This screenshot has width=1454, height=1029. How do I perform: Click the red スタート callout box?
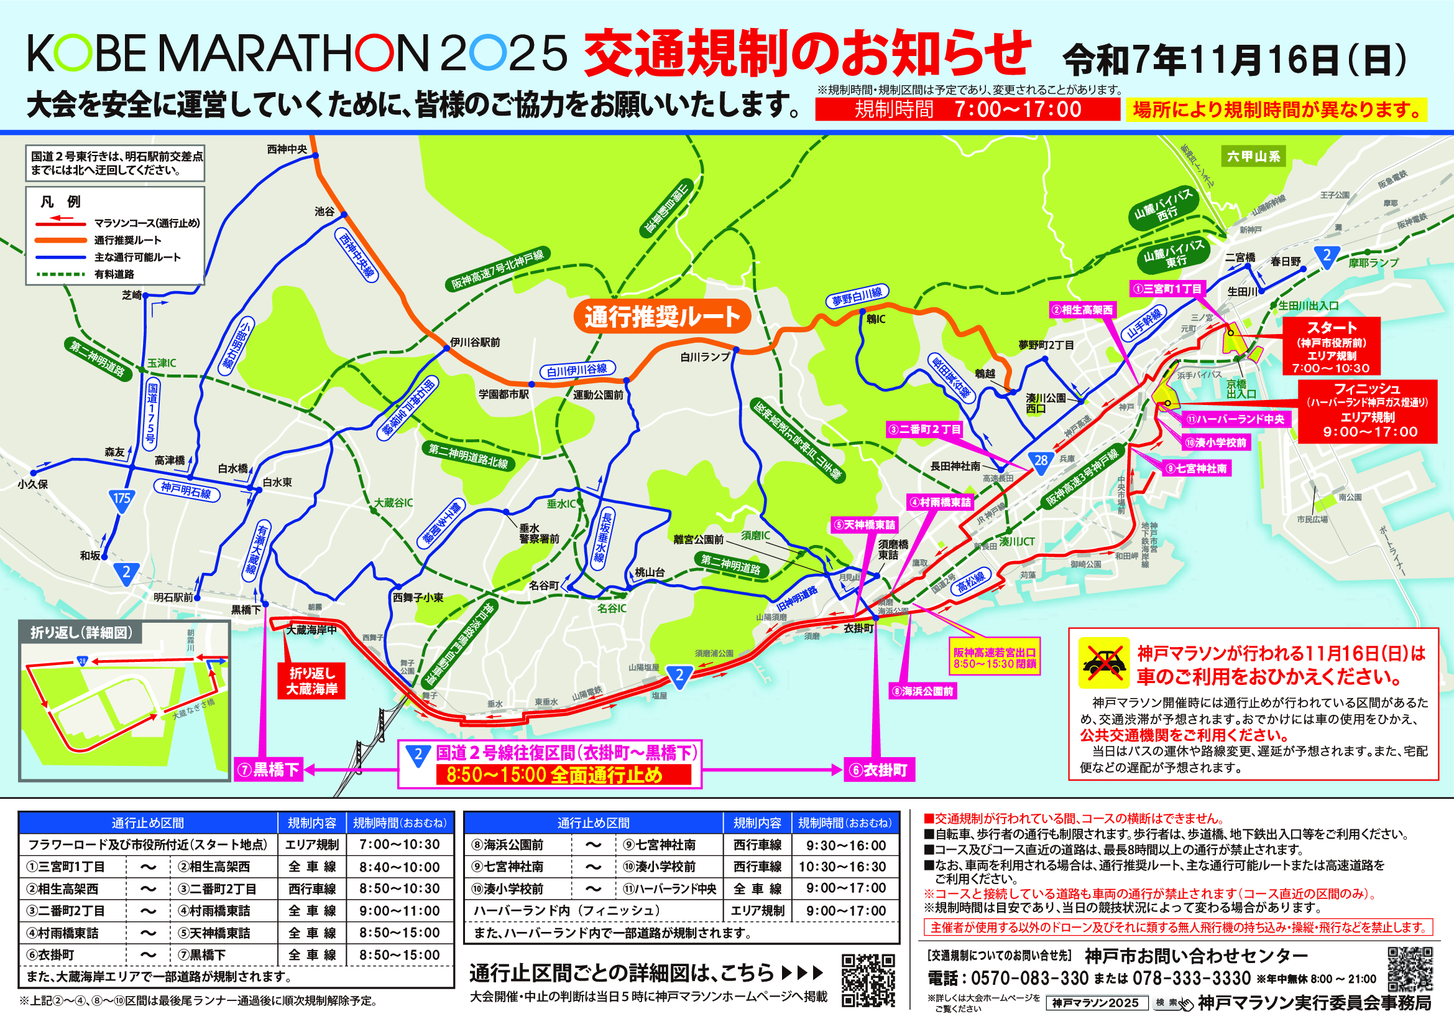[1332, 347]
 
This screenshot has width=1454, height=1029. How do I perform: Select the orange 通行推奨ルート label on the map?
[662, 316]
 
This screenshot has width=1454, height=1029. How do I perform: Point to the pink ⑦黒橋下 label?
[269, 770]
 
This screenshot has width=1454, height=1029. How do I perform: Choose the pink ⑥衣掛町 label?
[879, 770]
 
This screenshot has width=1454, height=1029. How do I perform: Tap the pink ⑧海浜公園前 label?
[923, 691]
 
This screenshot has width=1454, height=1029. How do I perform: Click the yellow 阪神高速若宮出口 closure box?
[995, 658]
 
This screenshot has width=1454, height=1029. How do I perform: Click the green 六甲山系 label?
[1253, 157]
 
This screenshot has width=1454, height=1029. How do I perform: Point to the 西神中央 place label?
[287, 149]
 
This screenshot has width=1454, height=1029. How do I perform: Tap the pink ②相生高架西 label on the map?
[1082, 310]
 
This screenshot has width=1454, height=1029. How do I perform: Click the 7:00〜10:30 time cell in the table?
[399, 845]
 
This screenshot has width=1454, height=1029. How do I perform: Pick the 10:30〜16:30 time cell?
[845, 867]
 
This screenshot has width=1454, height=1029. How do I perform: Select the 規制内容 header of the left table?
[311, 823]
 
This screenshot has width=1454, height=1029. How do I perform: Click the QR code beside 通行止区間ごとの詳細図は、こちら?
[868, 980]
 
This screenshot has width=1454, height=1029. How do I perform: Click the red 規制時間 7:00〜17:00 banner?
[968, 109]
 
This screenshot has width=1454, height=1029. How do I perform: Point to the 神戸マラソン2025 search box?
[1096, 1003]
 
